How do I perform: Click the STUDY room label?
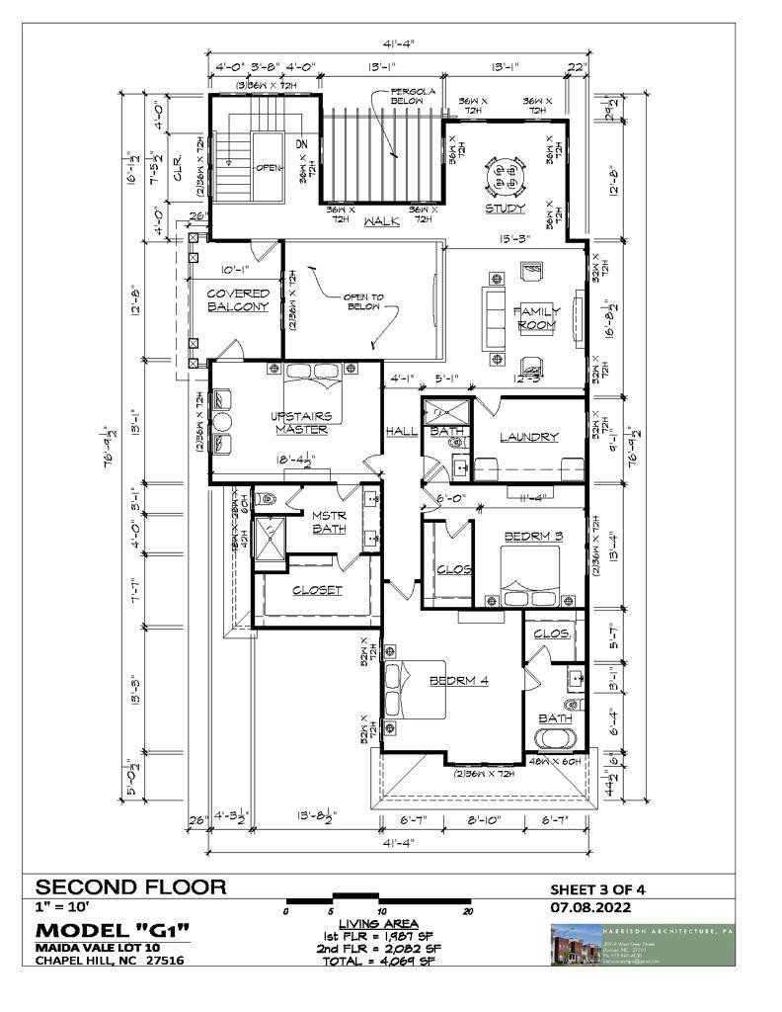click(505, 209)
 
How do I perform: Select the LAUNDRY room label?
click(529, 437)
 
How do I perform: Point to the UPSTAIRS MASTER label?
click(302, 422)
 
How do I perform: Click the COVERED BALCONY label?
click(237, 300)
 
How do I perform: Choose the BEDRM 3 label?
click(532, 537)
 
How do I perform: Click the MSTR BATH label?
click(328, 522)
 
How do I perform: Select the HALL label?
click(401, 431)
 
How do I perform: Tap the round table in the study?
click(506, 177)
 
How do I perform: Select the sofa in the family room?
click(495, 318)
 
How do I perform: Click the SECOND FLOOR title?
click(131, 886)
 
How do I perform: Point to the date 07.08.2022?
click(590, 907)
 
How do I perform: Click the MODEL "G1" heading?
click(112, 930)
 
